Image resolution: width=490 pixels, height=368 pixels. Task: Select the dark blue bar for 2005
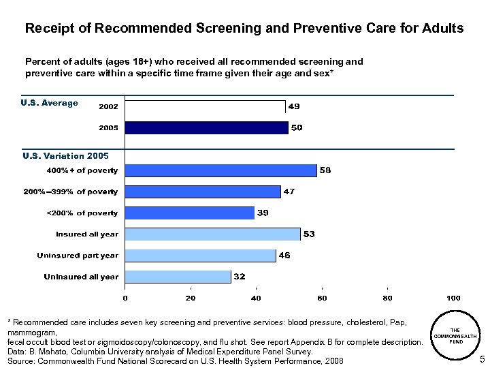pyautogui.click(x=207, y=127)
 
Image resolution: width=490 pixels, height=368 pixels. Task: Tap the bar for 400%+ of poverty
pyautogui.click(x=221, y=170)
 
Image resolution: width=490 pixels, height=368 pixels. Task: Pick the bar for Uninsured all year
pyautogui.click(x=178, y=277)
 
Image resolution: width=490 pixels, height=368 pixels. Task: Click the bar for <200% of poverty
pyautogui.click(x=190, y=213)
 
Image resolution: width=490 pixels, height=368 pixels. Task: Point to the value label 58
pyautogui.click(x=325, y=170)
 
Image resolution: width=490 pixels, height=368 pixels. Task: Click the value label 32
pyautogui.click(x=240, y=277)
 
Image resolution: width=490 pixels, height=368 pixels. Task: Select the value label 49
pyautogui.click(x=295, y=106)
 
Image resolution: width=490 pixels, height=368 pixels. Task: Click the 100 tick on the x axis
pyautogui.click(x=453, y=298)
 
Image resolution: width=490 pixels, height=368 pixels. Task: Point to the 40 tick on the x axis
pyautogui.click(x=256, y=298)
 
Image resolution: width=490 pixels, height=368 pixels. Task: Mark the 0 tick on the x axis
pyautogui.click(x=125, y=298)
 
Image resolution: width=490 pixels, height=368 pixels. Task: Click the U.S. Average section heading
pyautogui.click(x=50, y=104)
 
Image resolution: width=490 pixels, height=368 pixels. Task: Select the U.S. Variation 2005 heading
pyautogui.click(x=65, y=156)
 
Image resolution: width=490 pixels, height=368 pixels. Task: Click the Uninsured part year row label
pyautogui.click(x=78, y=256)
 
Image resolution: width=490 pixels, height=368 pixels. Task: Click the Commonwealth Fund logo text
pyautogui.click(x=455, y=336)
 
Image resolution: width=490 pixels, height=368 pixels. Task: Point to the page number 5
pyautogui.click(x=482, y=359)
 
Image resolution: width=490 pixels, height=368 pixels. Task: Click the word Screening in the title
pyautogui.click(x=225, y=29)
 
